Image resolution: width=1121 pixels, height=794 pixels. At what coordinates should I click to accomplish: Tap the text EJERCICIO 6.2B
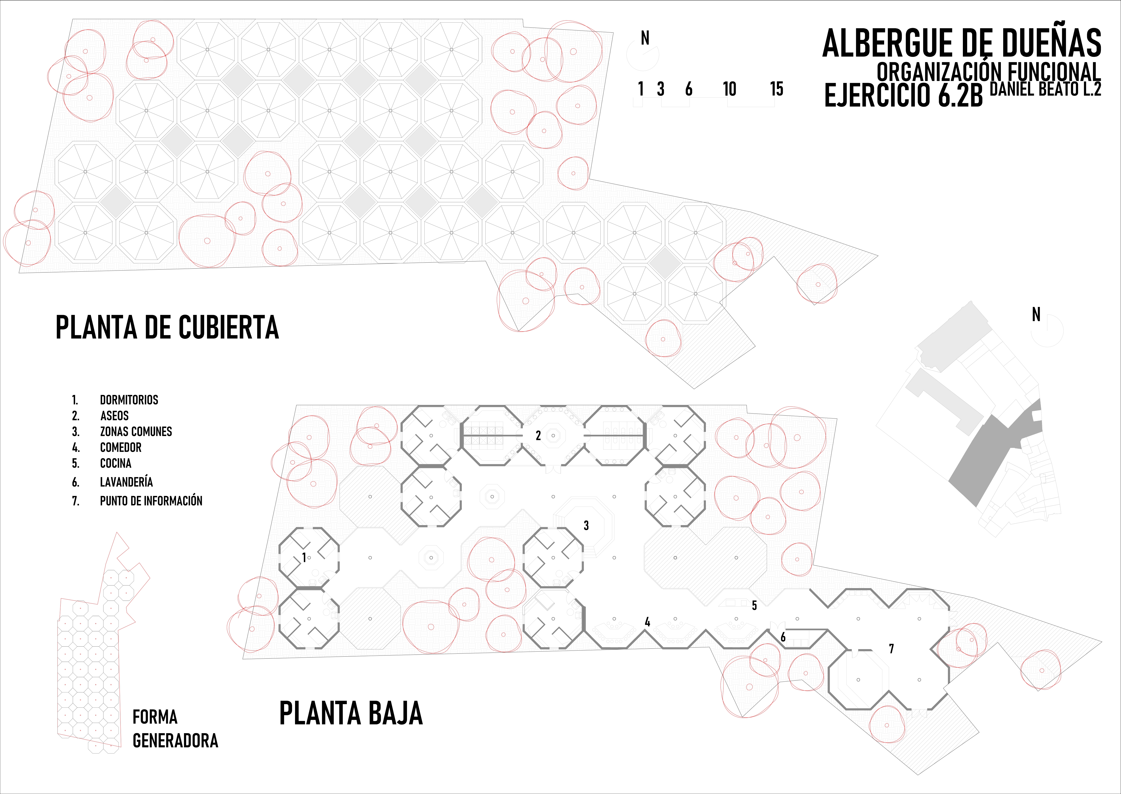903,95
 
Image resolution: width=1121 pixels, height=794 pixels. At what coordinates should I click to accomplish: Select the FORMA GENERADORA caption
175,729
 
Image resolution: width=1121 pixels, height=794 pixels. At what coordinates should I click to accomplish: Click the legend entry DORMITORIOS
129,400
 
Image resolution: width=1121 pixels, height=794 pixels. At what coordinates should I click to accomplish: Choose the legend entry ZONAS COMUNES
136,432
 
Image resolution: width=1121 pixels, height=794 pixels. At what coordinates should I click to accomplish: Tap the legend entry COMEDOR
121,447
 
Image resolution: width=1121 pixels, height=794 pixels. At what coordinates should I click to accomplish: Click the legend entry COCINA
116,463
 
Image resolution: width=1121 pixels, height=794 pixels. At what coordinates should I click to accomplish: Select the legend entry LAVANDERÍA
126,482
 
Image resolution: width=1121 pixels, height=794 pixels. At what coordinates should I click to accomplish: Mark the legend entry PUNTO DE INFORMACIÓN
151,501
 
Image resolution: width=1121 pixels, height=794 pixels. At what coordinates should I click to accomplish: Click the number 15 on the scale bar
776,89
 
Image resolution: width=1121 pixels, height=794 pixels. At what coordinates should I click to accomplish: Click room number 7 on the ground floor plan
891,649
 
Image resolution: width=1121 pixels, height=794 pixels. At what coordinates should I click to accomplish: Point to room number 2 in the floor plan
538,436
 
